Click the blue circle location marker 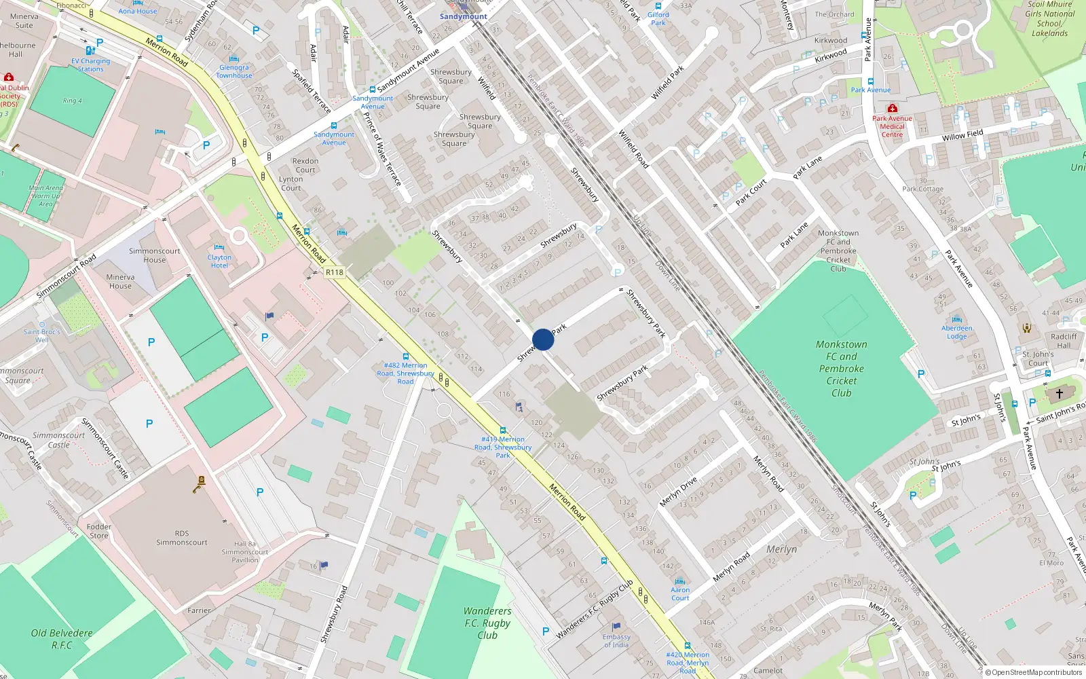pyautogui.click(x=543, y=339)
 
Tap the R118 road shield pyautogui.click(x=335, y=272)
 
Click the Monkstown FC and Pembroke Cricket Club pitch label pyautogui.click(x=841, y=368)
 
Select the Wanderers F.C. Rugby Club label pyautogui.click(x=487, y=623)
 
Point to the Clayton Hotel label pyautogui.click(x=219, y=261)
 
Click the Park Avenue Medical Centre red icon pyautogui.click(x=893, y=109)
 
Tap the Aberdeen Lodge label pyautogui.click(x=957, y=332)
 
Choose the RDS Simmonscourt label pyautogui.click(x=182, y=538)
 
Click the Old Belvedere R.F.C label pyautogui.click(x=62, y=638)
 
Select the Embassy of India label pyautogui.click(x=616, y=641)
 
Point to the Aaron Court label pyautogui.click(x=680, y=594)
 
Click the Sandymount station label pyautogui.click(x=464, y=16)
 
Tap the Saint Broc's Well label pyautogui.click(x=42, y=335)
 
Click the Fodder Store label pyautogui.click(x=99, y=531)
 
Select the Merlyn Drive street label pyautogui.click(x=678, y=492)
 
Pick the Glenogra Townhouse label pyautogui.click(x=234, y=71)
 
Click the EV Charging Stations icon pyautogui.click(x=90, y=51)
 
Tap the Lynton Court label pyautogui.click(x=291, y=183)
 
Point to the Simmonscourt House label pyautogui.click(x=155, y=255)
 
